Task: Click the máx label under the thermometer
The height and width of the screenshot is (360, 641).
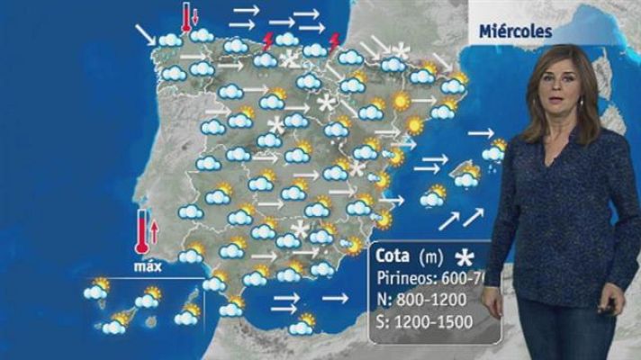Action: coord(146,267)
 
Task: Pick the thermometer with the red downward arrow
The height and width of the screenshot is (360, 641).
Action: coord(185,17)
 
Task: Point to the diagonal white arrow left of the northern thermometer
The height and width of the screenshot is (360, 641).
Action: coord(145,34)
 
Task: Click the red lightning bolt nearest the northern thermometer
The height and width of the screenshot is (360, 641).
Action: coord(266,40)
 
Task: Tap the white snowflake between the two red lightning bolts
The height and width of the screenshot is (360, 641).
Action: coord(290,60)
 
